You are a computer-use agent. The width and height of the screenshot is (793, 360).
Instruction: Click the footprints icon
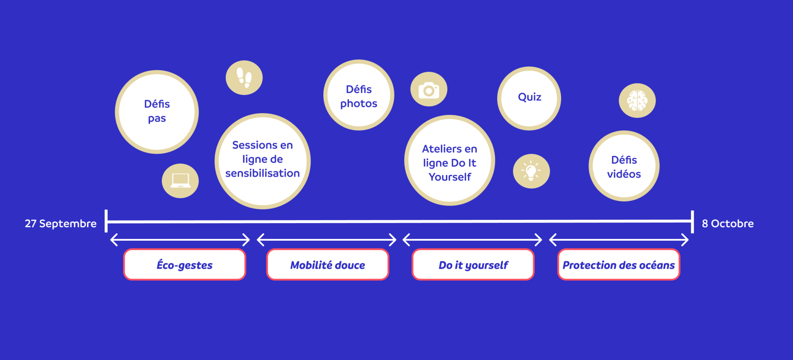[244, 78]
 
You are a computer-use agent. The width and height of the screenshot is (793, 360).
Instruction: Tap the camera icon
[429, 89]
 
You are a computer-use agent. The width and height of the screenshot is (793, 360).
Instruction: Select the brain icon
[637, 101]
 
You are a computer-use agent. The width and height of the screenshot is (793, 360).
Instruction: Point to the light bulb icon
[531, 171]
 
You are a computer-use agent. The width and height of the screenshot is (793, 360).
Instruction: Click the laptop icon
[180, 181]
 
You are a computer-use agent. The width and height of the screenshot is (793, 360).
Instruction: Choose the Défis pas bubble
[157, 112]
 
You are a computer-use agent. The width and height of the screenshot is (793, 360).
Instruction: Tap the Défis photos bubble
[359, 95]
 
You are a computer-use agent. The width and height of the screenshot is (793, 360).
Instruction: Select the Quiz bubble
[529, 98]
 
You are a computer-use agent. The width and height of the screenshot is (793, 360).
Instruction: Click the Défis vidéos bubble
[624, 166]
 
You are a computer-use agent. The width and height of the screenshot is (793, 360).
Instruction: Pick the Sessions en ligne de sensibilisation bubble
[263, 161]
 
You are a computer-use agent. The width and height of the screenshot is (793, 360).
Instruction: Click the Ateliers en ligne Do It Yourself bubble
[450, 160]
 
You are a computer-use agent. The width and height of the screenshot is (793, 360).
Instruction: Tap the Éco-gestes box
[185, 265]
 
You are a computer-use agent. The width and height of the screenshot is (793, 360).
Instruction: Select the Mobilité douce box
[328, 265]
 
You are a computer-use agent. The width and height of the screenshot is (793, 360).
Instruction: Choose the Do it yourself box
[473, 265]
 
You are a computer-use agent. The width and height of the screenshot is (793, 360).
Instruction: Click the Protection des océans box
[619, 265]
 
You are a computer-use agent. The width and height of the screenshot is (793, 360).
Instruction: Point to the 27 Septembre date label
[61, 224]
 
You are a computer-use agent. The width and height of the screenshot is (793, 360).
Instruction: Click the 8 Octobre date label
[728, 224]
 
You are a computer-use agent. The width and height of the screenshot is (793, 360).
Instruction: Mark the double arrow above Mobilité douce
[327, 240]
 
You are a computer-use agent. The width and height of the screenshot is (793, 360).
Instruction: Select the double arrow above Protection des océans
[619, 240]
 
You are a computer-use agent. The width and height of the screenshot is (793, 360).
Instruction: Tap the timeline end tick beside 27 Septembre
[106, 221]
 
